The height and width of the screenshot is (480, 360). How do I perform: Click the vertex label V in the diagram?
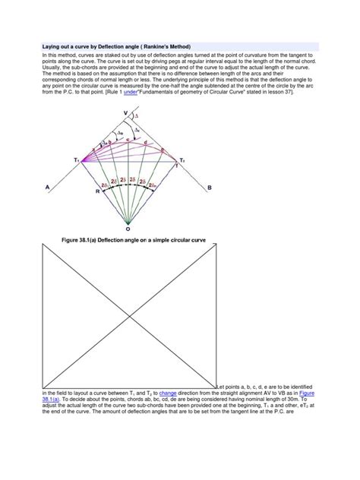(x=125, y=114)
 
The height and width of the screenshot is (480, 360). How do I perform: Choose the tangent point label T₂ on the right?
(x=181, y=161)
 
